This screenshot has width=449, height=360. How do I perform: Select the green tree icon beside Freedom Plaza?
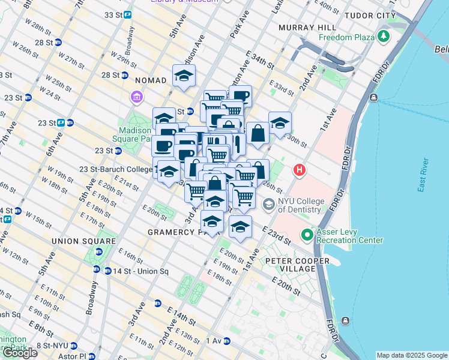(x=383, y=37)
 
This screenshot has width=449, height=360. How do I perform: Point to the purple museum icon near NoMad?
(x=137, y=97)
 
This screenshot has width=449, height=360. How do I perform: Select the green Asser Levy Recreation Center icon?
(x=307, y=235)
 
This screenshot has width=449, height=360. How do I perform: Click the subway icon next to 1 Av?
(x=226, y=341)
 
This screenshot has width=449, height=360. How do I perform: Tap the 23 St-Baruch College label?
(x=113, y=169)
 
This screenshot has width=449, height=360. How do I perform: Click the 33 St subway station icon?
(x=128, y=14)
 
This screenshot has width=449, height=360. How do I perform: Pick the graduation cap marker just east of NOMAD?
(x=184, y=75)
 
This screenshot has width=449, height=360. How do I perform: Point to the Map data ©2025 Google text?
(x=411, y=355)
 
